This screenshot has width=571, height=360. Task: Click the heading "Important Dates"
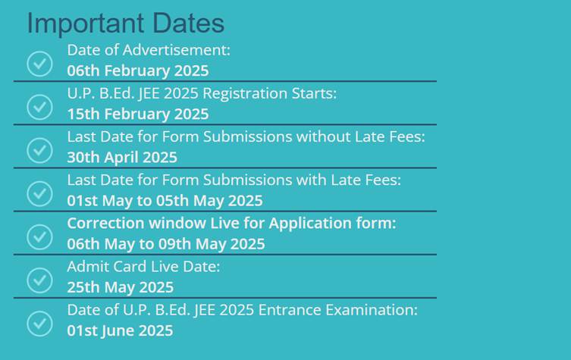click(126, 23)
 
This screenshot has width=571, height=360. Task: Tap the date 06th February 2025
click(138, 70)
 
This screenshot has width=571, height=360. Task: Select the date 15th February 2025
click(138, 114)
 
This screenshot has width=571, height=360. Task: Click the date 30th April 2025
click(122, 157)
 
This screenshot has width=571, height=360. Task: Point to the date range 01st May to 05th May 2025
click(165, 201)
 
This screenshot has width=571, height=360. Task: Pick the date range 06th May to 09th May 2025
click(166, 244)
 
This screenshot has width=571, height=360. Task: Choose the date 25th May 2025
click(120, 287)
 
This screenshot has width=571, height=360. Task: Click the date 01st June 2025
click(120, 330)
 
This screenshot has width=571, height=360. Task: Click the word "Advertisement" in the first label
click(176, 50)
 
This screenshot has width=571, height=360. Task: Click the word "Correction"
click(105, 223)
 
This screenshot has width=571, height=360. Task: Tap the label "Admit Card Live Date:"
click(143, 267)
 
